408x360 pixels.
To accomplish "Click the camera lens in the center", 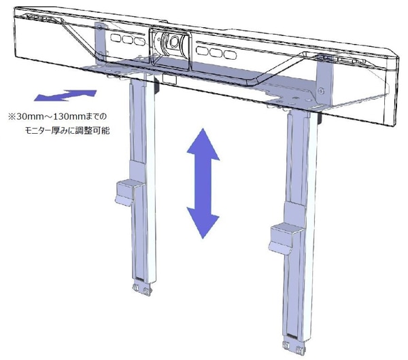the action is point(173,41).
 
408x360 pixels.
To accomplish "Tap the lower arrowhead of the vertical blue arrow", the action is point(203,223).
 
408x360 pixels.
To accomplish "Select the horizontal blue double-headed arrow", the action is point(65,95).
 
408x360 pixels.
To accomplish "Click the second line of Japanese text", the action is point(67,130).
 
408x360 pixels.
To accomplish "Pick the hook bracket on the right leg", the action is point(284,238).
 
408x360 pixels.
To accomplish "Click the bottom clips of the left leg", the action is point(142,289).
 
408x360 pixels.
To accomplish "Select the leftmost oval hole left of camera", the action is point(116,37).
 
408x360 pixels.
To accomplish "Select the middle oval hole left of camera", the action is point(128,39).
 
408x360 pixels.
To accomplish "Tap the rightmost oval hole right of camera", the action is point(230,55).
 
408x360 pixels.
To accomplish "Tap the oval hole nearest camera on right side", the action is point(202,50).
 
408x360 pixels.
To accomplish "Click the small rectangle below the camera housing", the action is point(169,79).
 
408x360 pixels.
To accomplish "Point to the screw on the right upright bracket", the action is point(322,91).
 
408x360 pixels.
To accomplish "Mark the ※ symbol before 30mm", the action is point(12,116).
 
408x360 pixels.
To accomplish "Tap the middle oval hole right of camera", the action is point(216,53).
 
